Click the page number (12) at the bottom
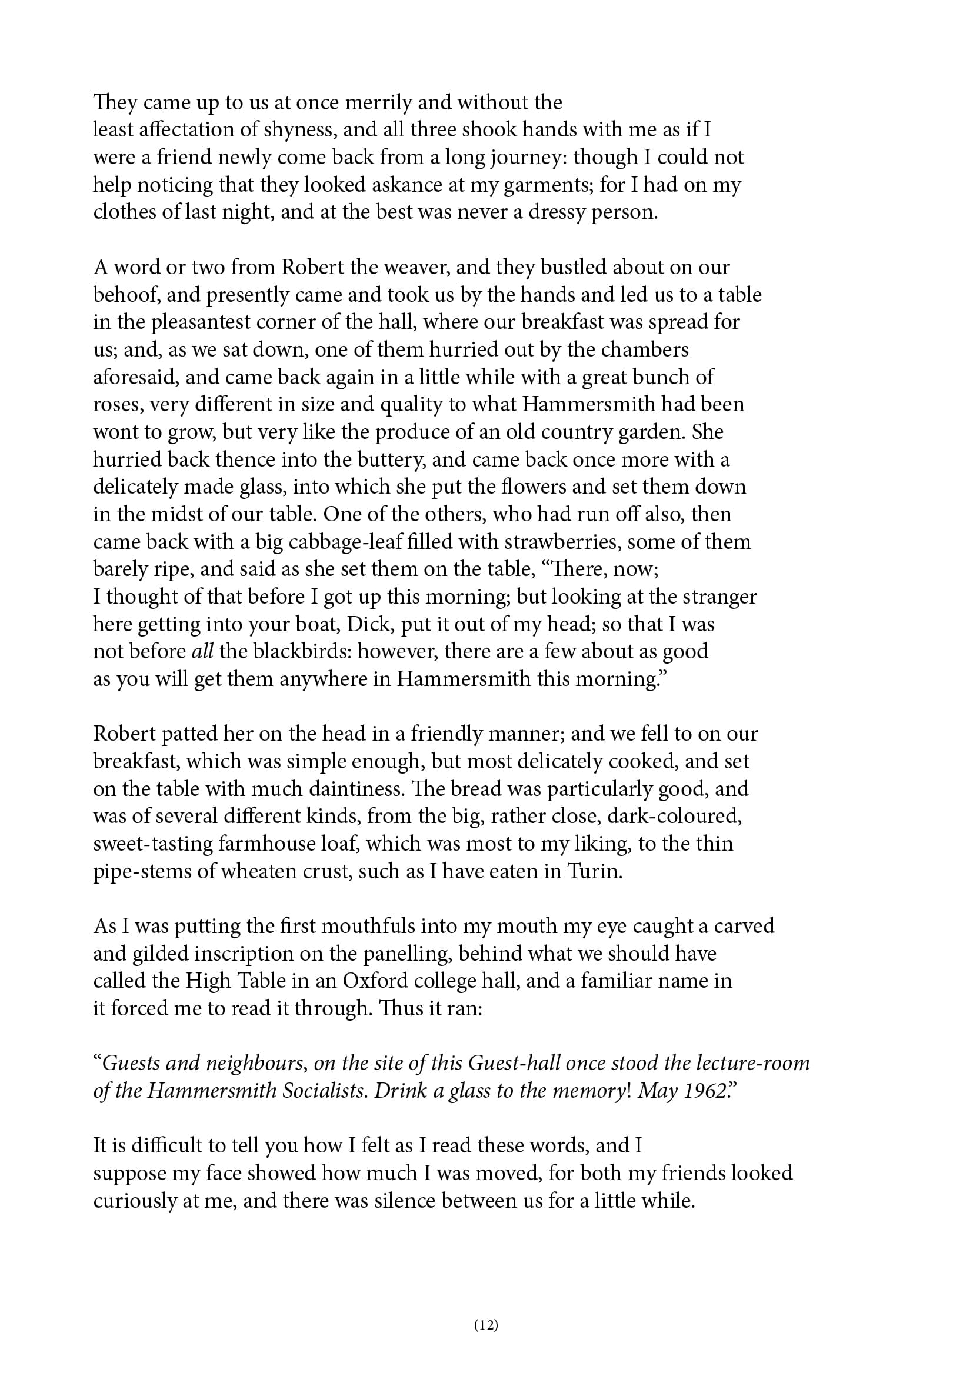pos(486,1324)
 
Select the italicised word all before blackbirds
pos(202,651)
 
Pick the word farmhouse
pos(273,844)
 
